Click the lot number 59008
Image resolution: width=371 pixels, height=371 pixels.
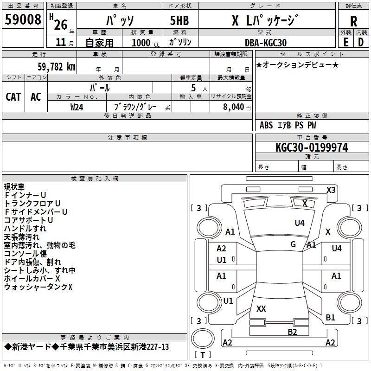(23, 20)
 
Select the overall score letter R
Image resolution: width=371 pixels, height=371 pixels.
(353, 21)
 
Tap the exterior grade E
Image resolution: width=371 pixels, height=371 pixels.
(345, 41)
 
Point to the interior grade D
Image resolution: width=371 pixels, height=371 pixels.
(361, 41)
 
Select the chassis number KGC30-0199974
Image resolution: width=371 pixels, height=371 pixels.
(311, 147)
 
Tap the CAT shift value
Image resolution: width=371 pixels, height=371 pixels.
(13, 96)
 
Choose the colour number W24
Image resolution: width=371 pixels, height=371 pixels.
(77, 107)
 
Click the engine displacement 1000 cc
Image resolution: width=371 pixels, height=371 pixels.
(143, 43)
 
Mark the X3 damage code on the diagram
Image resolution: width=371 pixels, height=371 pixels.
(331, 190)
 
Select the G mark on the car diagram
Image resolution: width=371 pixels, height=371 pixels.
(293, 244)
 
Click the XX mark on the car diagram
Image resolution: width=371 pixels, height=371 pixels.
(261, 308)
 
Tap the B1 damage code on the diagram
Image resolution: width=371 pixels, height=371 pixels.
(330, 318)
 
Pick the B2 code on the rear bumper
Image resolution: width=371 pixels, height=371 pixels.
(292, 332)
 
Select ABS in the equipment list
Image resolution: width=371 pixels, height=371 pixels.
(266, 125)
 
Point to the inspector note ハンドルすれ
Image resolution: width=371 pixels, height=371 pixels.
(25, 229)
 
